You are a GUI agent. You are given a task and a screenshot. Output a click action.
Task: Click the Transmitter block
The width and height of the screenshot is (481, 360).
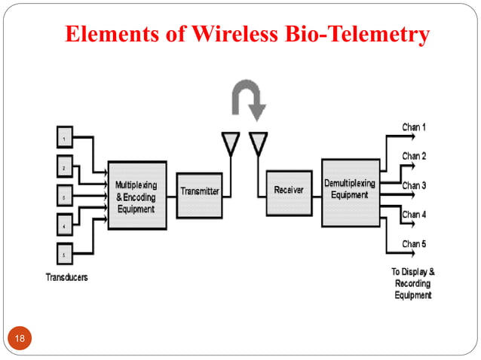click(199, 191)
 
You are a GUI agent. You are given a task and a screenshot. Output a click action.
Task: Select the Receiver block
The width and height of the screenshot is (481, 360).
click(287, 191)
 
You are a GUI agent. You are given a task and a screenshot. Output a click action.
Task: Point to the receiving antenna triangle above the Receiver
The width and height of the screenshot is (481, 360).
click(259, 142)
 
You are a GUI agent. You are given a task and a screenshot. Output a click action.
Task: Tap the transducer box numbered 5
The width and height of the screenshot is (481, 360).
click(66, 253)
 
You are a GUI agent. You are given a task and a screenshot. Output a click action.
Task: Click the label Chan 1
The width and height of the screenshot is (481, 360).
click(414, 127)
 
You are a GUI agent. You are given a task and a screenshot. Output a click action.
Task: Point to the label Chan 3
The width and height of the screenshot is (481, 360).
click(414, 185)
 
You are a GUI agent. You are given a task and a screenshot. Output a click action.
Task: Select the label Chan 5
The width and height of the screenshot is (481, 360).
click(414, 243)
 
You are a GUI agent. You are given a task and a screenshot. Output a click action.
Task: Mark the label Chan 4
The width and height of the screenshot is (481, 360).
click(414, 215)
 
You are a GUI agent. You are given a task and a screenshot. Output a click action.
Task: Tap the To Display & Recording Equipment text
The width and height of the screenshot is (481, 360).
click(413, 283)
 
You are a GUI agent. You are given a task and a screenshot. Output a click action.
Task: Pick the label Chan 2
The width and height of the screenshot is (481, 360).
click(414, 156)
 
